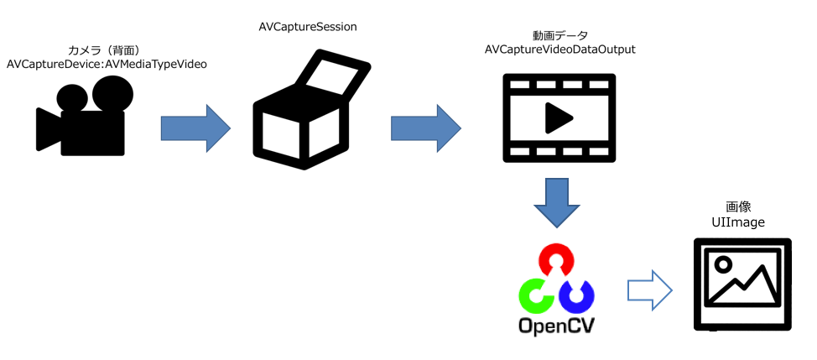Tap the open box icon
tap(310, 113)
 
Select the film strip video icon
tap(559, 117)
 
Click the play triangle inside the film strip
tap(558, 117)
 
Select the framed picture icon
tap(742, 283)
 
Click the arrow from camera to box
tap(195, 128)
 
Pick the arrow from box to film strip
tap(425, 128)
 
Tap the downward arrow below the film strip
tap(557, 201)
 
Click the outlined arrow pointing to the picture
tap(650, 290)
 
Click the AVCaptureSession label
tap(308, 27)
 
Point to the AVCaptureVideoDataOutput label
tap(560, 50)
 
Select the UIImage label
tap(737, 222)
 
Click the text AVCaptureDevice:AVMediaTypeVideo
tap(107, 64)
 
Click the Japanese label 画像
tap(737, 206)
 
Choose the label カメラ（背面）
tap(107, 50)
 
